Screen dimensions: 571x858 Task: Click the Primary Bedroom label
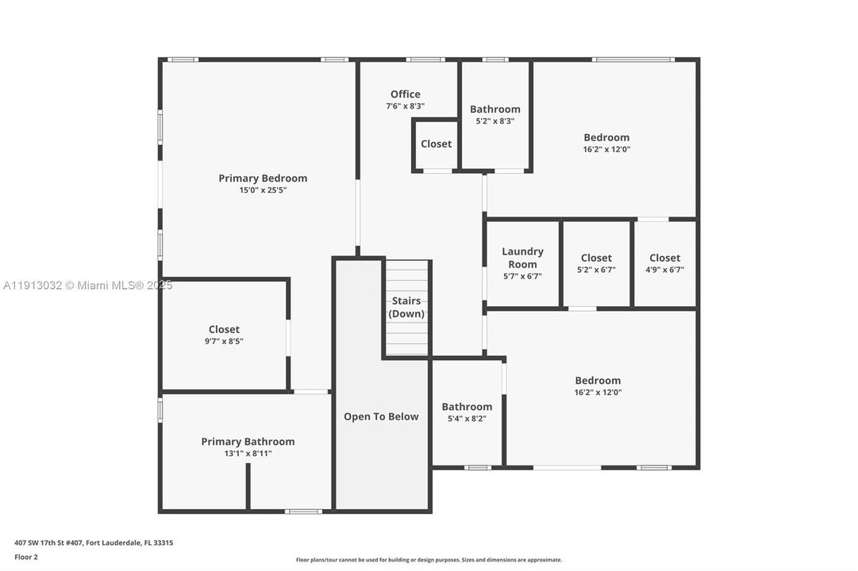point(263,178)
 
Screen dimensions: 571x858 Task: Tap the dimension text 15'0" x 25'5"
point(263,190)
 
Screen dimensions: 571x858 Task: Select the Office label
point(405,94)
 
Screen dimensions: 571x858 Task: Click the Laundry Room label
point(522,258)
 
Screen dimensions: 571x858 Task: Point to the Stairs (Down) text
point(407,307)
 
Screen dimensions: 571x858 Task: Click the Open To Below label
point(381,416)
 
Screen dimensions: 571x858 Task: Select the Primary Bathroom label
point(248,442)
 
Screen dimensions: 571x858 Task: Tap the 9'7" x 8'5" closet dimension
point(224,342)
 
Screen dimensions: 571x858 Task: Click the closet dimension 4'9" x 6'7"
point(664,270)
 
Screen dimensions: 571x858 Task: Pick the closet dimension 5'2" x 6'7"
point(596,270)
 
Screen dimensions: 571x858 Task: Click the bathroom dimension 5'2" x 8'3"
point(495,121)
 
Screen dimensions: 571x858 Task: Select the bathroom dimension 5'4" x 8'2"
point(467,419)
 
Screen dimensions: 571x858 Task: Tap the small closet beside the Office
point(436,144)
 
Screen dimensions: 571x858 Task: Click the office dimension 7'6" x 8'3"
point(405,106)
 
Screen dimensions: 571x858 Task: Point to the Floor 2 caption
point(26,557)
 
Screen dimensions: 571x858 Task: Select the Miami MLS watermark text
point(87,285)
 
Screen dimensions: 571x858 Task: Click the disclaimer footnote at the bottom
point(429,560)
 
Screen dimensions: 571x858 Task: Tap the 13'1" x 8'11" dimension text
point(248,454)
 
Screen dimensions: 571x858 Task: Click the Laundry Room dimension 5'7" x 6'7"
point(522,276)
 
